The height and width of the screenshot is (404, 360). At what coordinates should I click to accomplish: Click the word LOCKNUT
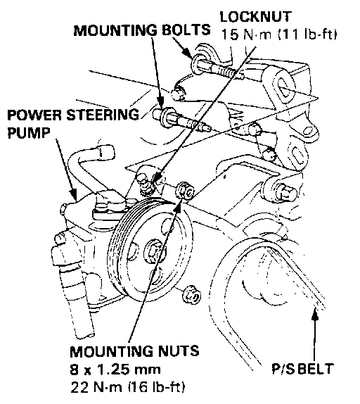coord(256,17)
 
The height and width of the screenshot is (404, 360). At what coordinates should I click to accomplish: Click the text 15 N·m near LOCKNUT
coord(247,34)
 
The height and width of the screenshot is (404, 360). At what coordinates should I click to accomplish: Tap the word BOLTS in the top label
coord(186,30)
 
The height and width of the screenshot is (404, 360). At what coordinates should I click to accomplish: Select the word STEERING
coord(103,115)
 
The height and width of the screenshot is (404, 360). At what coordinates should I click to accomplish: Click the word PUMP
coord(29,133)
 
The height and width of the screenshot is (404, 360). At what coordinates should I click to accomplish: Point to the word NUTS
coord(179,351)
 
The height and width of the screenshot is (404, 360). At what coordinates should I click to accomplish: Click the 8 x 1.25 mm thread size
coord(115,370)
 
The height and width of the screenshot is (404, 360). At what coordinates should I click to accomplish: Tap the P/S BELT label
coord(303,369)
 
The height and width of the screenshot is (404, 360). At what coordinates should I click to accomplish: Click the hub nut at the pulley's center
coord(153,251)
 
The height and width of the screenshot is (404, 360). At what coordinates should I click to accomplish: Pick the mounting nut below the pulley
coord(192,294)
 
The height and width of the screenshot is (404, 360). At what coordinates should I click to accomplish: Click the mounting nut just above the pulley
coord(185,191)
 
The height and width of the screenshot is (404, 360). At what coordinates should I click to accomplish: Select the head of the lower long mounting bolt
coord(162,118)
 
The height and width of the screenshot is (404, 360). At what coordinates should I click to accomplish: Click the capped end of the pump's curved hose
coord(105,152)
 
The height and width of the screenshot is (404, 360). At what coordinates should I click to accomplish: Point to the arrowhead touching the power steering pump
coord(74,194)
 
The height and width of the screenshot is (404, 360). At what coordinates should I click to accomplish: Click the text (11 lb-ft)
coord(307,34)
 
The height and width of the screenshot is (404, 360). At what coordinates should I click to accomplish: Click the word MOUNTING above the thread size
coord(112,351)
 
